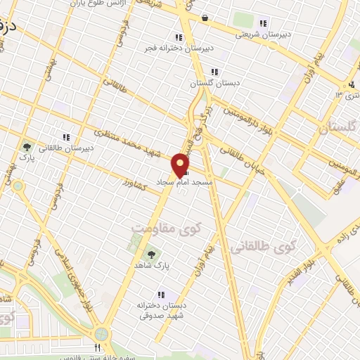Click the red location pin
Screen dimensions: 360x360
pos(181,163)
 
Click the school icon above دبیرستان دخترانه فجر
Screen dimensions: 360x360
pos(179,37)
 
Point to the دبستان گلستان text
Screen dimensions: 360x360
pos(217,82)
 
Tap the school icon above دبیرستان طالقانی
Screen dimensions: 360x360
pos(66,137)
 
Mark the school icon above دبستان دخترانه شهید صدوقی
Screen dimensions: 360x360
pos(161,295)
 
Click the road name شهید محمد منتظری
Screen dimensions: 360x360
pos(134,143)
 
